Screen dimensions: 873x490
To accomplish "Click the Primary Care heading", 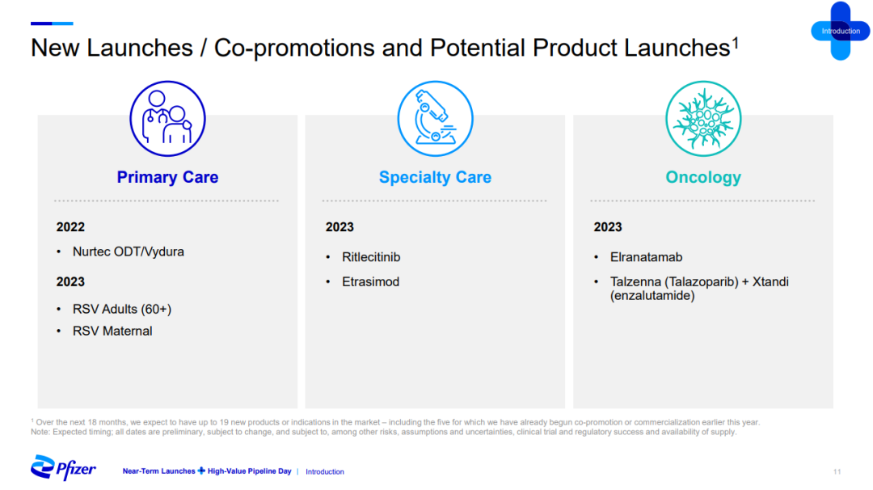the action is (167, 177).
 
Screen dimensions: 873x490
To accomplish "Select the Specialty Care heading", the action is (435, 177).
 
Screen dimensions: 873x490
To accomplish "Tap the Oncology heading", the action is (703, 177).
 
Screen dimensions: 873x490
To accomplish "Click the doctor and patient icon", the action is (167, 119).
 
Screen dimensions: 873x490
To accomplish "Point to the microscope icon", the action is (436, 119).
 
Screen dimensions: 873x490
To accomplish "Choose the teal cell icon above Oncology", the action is (703, 119).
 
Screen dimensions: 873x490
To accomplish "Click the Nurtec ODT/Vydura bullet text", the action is (128, 251).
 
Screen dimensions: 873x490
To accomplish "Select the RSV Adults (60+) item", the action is (122, 309).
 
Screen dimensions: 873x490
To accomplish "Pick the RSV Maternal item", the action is (112, 332).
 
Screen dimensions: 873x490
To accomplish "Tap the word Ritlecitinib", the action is (371, 257).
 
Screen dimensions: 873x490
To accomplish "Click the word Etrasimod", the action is (370, 281).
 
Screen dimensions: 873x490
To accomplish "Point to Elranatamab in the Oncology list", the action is (646, 257).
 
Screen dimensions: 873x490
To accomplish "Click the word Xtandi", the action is (770, 281).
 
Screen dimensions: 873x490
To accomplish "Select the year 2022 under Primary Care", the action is (70, 227).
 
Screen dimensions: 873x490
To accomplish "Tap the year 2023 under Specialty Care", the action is (339, 227).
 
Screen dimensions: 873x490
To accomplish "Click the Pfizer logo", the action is (63, 467).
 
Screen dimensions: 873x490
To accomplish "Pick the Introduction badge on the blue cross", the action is (841, 32).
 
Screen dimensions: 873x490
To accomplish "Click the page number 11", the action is (837, 471).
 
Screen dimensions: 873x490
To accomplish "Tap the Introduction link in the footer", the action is (325, 471).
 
